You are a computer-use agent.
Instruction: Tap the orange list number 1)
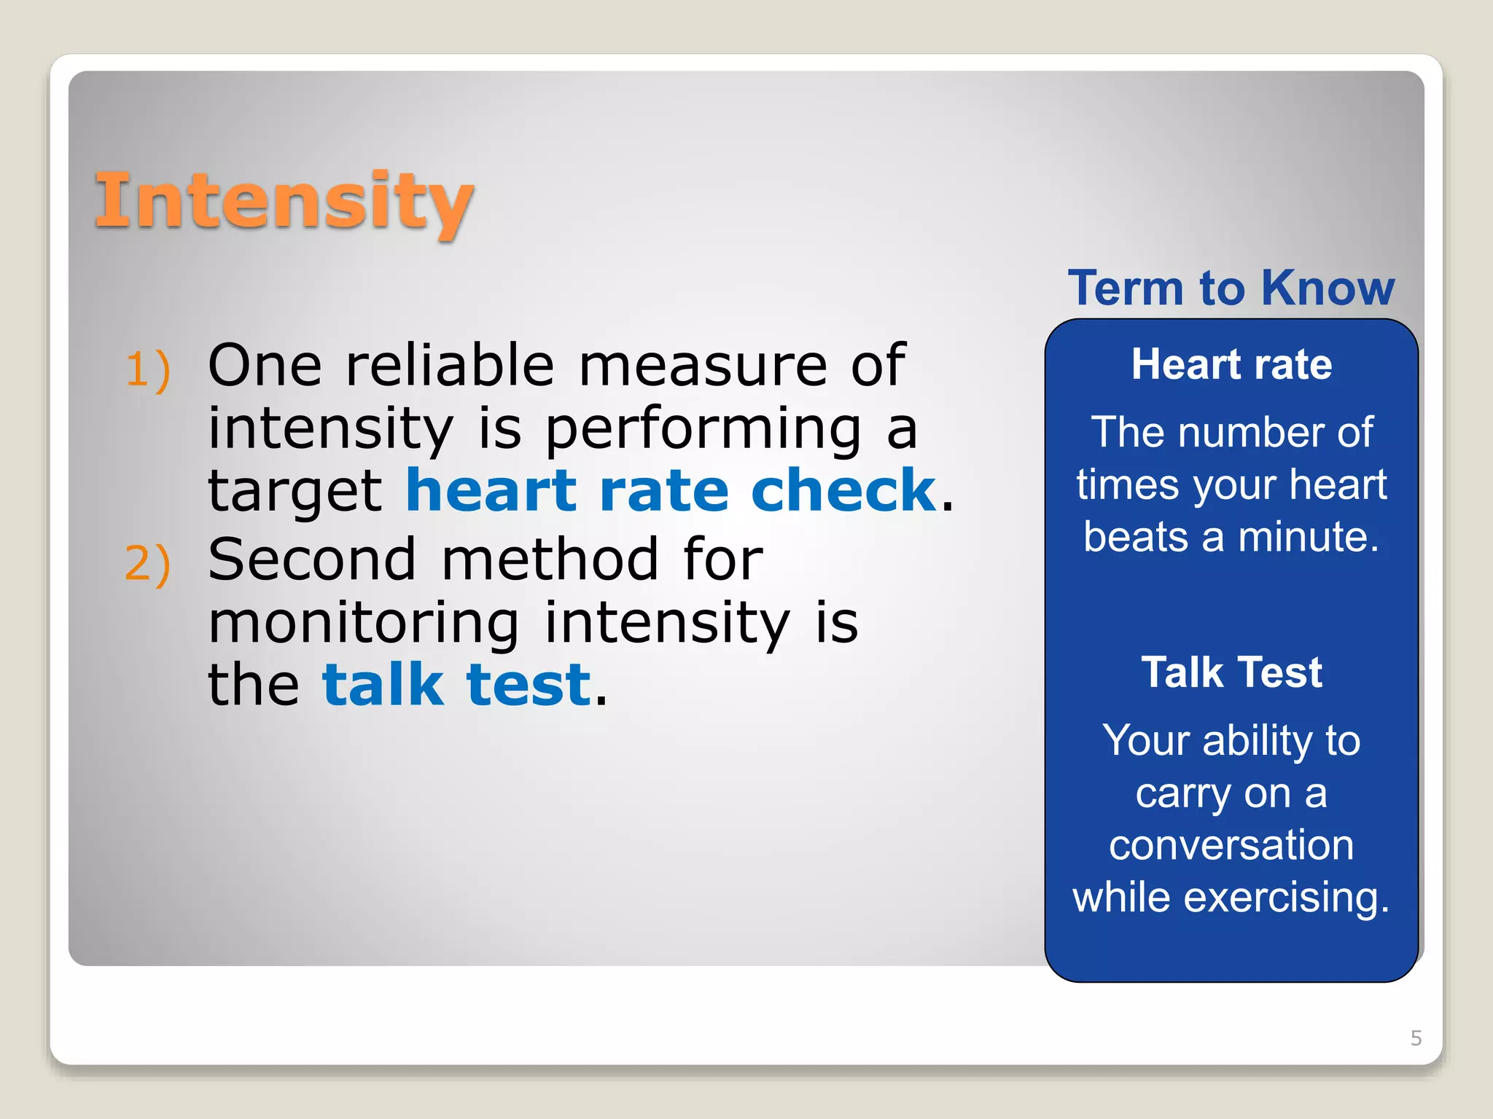tap(148, 369)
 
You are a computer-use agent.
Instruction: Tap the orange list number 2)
tap(148, 564)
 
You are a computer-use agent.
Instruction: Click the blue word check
tap(843, 490)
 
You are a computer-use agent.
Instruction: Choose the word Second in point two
tap(312, 559)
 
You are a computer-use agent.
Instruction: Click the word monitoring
tap(364, 623)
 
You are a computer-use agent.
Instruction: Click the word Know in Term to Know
tap(1328, 288)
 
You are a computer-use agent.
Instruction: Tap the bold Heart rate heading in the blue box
tap(1231, 364)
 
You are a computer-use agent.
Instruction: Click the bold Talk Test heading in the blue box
tap(1231, 672)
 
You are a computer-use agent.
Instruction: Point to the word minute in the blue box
tap(1309, 537)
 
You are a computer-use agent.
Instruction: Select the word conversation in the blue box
tap(1231, 845)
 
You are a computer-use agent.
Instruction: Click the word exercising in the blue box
tap(1286, 898)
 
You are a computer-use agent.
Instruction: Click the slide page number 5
tap(1416, 1038)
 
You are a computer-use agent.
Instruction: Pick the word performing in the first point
tap(703, 430)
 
